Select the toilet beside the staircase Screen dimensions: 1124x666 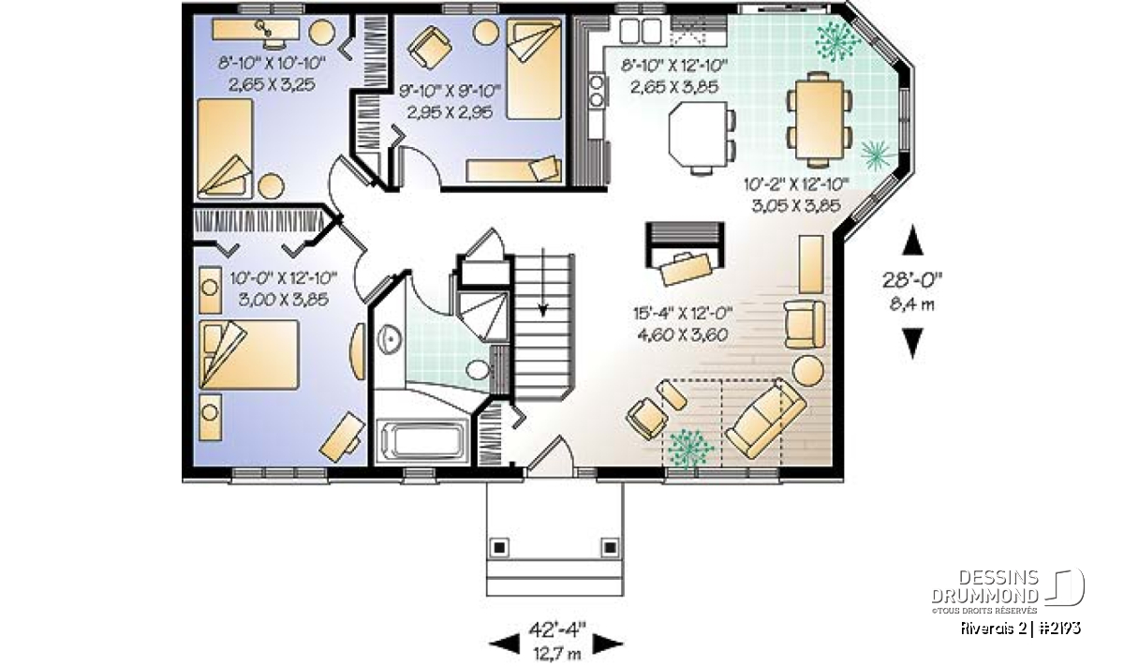pos(479,370)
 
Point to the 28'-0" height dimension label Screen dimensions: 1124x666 pos(912,279)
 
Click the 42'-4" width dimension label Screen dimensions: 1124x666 pos(557,629)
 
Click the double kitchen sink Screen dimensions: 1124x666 pos(641,31)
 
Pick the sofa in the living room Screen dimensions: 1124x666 pos(764,418)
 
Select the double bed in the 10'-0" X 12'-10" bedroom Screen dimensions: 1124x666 pos(248,355)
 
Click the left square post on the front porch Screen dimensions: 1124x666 pos(498,547)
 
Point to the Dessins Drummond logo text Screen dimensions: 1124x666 pos(984,586)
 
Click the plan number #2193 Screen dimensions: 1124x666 pos(1057,629)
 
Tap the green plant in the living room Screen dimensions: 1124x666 pos(691,448)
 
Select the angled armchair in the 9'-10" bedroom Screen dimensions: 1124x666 pos(430,47)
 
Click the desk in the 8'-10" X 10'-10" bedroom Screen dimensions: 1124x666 pos(256,30)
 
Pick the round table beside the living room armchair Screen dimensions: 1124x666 pos(807,370)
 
